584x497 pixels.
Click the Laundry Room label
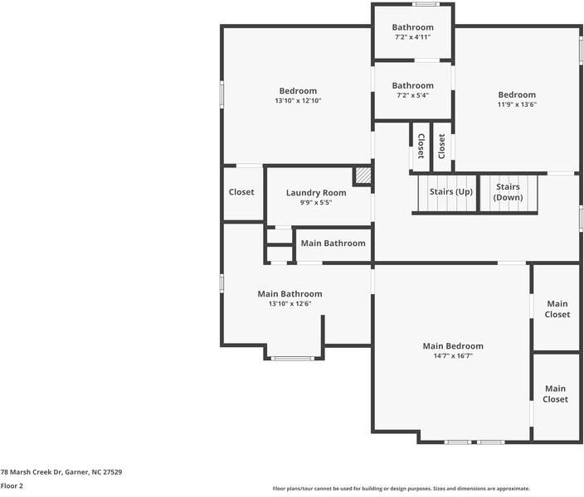coord(316,193)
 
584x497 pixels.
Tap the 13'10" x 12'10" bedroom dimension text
coord(298,100)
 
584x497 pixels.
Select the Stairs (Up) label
coord(451,192)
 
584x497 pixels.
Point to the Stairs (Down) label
coord(508,192)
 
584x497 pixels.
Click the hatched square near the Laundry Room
coord(363,176)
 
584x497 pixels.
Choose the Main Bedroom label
coord(453,346)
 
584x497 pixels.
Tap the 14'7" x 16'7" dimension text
coord(453,355)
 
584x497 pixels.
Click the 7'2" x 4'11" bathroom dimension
coord(412,36)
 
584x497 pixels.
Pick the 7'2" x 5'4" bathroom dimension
coord(412,95)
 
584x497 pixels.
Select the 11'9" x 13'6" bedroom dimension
coord(517,104)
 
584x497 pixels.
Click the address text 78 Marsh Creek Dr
coord(31,472)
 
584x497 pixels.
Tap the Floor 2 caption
coord(12,486)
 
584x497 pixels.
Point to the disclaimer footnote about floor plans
coord(401,489)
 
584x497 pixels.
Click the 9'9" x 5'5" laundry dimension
coord(316,203)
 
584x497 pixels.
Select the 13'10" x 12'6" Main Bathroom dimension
coord(290,303)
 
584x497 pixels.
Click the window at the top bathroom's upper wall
coord(426,4)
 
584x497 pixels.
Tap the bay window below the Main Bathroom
coord(292,359)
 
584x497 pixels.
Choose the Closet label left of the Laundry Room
coord(241,192)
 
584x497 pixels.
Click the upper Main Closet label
coord(557,309)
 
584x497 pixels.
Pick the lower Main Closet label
coord(555,394)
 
